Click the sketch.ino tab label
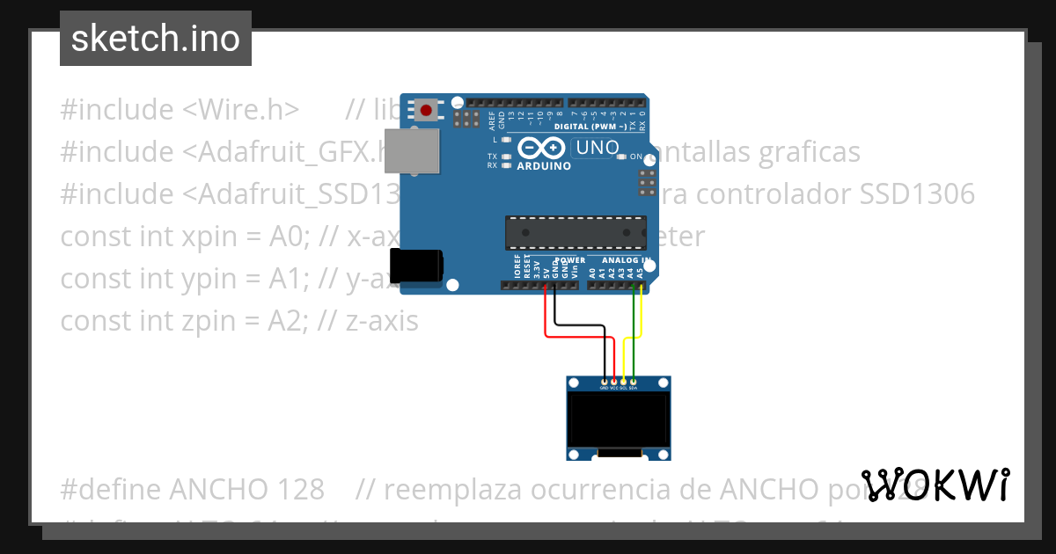156,39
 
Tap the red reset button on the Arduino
427,111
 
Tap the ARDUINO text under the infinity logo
544,165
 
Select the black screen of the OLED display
619,419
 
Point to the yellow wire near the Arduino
642,312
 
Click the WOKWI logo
935,485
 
